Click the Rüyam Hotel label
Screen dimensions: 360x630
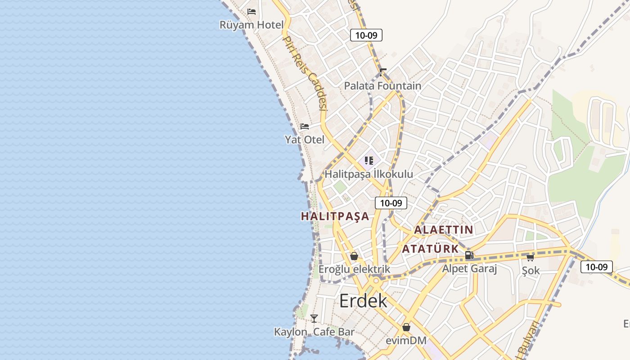pos(252,25)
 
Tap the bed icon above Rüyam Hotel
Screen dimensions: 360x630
pos(252,11)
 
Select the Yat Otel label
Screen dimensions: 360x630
pos(304,139)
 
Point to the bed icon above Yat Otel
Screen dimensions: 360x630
pos(305,126)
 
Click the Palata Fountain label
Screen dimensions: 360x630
pos(382,85)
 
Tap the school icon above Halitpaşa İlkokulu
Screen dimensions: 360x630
pos(369,161)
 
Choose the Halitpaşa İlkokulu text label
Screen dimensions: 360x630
pos(369,174)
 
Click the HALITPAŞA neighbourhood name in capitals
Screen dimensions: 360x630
pos(335,216)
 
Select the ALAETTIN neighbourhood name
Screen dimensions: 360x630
pos(443,230)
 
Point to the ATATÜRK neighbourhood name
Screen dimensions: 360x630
pos(430,249)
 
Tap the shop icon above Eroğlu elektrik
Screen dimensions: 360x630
pos(354,256)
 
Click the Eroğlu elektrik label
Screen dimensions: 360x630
pos(354,269)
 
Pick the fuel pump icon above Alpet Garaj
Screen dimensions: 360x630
pos(469,256)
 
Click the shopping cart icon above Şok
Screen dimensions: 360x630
pos(531,257)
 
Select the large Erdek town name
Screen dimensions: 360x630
pos(363,301)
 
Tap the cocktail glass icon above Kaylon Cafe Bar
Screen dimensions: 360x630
pos(314,319)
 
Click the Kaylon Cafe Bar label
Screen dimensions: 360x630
pos(314,332)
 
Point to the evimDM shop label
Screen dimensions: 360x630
pos(406,341)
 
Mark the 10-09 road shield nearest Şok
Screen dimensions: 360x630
pos(597,267)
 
